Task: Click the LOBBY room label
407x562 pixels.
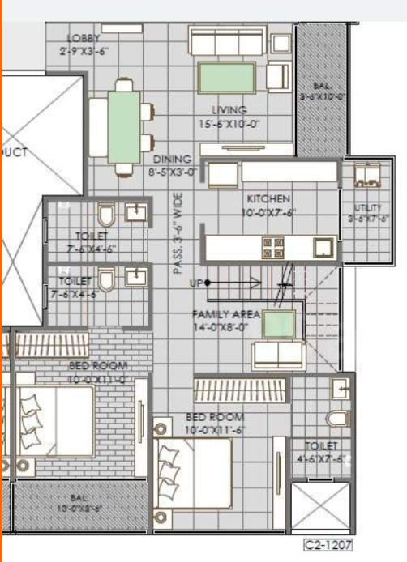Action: coord(84,38)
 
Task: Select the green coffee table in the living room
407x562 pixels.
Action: coord(228,79)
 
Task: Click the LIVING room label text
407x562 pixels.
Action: coord(229,110)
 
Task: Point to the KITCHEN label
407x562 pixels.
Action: coord(269,198)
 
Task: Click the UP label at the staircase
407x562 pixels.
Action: coord(195,283)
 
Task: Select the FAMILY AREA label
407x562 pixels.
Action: coord(225,313)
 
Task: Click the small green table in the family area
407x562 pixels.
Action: coord(278,326)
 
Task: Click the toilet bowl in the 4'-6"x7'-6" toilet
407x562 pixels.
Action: coord(339,418)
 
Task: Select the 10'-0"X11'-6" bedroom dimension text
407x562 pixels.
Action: coord(215,429)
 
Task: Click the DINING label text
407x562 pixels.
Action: coord(172,160)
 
